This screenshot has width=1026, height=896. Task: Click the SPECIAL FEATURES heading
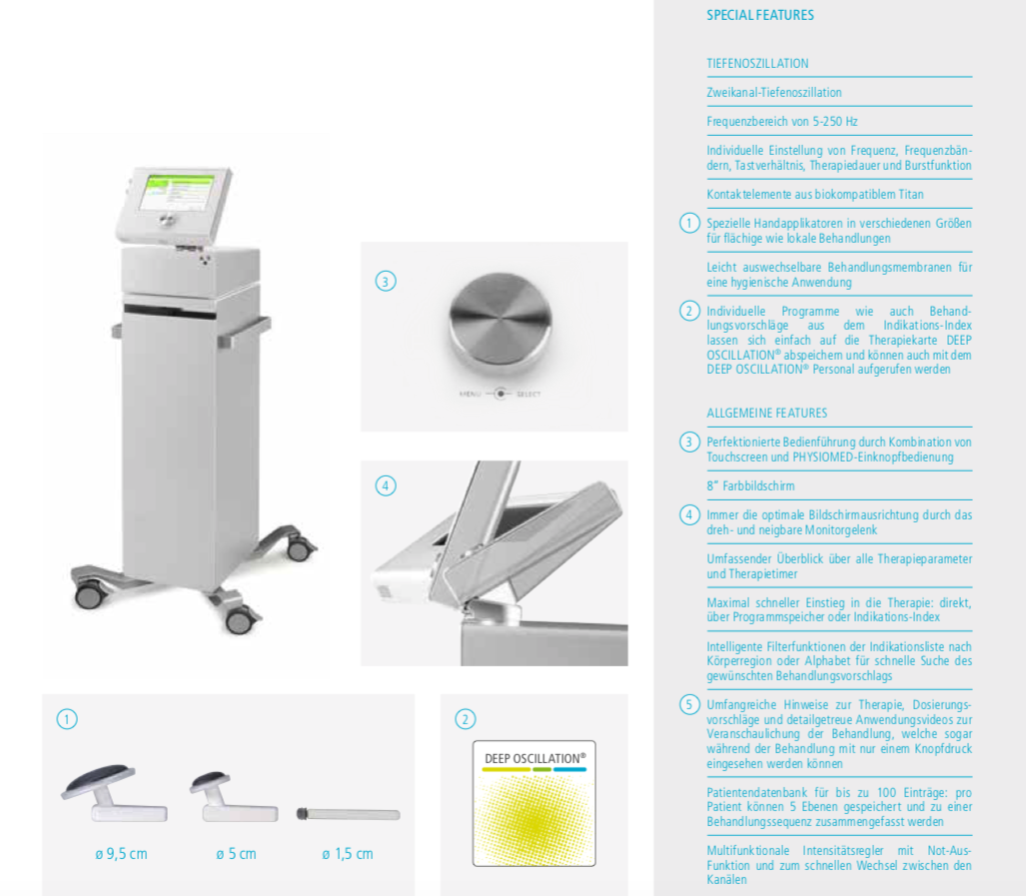pyautogui.click(x=759, y=15)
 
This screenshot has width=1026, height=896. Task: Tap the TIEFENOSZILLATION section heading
pyautogui.click(x=757, y=64)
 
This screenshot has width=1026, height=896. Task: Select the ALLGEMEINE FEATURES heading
pyautogui.click(x=767, y=413)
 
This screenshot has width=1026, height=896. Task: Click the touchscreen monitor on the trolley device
pyautogui.click(x=175, y=203)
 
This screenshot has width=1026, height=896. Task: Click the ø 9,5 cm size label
pyautogui.click(x=121, y=853)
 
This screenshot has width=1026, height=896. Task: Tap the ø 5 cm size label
pyautogui.click(x=236, y=853)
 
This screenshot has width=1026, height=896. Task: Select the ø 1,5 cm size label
pyautogui.click(x=348, y=853)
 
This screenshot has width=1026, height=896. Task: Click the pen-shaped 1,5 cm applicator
pyautogui.click(x=348, y=814)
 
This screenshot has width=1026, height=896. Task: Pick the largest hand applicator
pyautogui.click(x=114, y=793)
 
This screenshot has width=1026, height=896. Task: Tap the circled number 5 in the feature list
pyautogui.click(x=689, y=705)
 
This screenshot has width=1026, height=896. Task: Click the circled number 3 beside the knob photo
pyautogui.click(x=386, y=282)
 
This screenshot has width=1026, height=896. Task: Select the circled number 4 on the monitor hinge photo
pyautogui.click(x=386, y=485)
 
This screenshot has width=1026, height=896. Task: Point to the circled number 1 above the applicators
pyautogui.click(x=67, y=719)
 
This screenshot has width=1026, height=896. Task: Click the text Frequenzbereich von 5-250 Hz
pyautogui.click(x=782, y=121)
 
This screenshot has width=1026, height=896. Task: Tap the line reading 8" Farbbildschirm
pyautogui.click(x=750, y=485)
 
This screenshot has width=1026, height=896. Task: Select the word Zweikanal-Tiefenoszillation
pyautogui.click(x=774, y=92)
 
